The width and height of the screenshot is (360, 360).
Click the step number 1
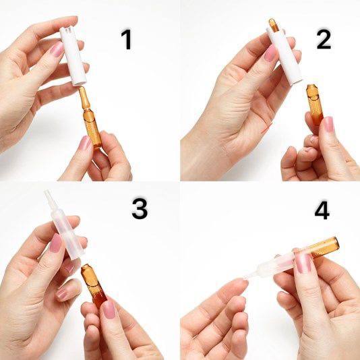click(x=127, y=39)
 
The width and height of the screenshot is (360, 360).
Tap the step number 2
click(x=324, y=39)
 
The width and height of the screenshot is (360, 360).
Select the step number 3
click(x=140, y=208)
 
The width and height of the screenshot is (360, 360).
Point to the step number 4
click(x=322, y=210)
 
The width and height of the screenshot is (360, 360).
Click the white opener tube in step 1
click(x=73, y=56)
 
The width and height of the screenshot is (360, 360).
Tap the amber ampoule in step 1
click(x=90, y=117)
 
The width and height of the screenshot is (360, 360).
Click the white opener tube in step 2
click(x=284, y=56)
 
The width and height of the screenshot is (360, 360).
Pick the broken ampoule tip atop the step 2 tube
click(x=274, y=25)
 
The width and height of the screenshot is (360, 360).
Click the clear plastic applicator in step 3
click(x=65, y=225)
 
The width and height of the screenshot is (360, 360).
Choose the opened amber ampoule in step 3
click(x=94, y=284)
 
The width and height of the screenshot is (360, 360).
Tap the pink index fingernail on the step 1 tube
click(x=57, y=49)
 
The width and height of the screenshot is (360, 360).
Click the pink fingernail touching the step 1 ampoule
click(x=85, y=142)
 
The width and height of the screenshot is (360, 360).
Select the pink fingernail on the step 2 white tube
click(x=270, y=53)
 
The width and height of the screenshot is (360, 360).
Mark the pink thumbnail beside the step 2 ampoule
click(x=328, y=124)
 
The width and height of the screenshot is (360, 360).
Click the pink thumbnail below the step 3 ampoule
click(x=109, y=309)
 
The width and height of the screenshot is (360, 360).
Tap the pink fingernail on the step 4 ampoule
click(x=303, y=263)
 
